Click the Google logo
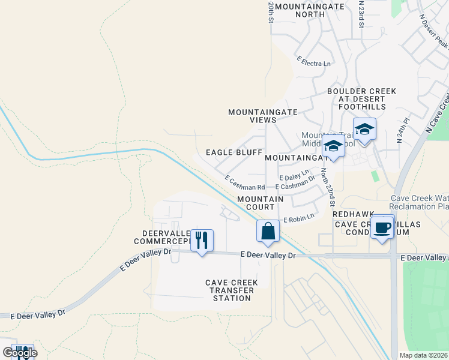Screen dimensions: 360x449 [x=19, y=352]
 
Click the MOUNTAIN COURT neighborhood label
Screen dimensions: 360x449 [x=260, y=203]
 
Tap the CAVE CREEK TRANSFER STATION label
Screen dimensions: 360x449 [x=232, y=290]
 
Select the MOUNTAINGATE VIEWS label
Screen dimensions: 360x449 [x=252, y=116]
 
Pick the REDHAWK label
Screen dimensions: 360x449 [x=354, y=214]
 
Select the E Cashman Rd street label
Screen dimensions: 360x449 [x=244, y=183]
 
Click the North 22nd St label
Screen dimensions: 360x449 [x=327, y=187]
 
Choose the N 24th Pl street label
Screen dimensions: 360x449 [x=402, y=130]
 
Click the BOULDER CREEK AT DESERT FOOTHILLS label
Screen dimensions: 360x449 [x=361, y=99]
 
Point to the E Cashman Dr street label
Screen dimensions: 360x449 [x=295, y=186]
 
